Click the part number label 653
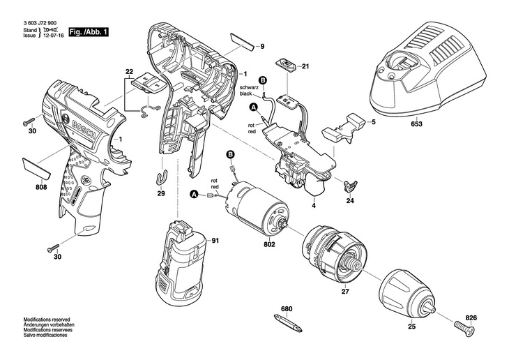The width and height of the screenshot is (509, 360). tap(417, 123)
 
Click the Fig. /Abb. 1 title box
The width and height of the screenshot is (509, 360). tap(88, 32)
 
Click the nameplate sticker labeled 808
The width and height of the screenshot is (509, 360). tap(36, 168)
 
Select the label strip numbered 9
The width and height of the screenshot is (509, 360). tap(243, 41)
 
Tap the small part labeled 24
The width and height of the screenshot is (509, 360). tap(350, 186)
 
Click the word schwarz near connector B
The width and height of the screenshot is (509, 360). tap(249, 88)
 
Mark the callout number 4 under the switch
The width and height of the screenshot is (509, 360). tap(314, 206)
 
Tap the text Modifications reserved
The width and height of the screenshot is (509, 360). tap(47, 320)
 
